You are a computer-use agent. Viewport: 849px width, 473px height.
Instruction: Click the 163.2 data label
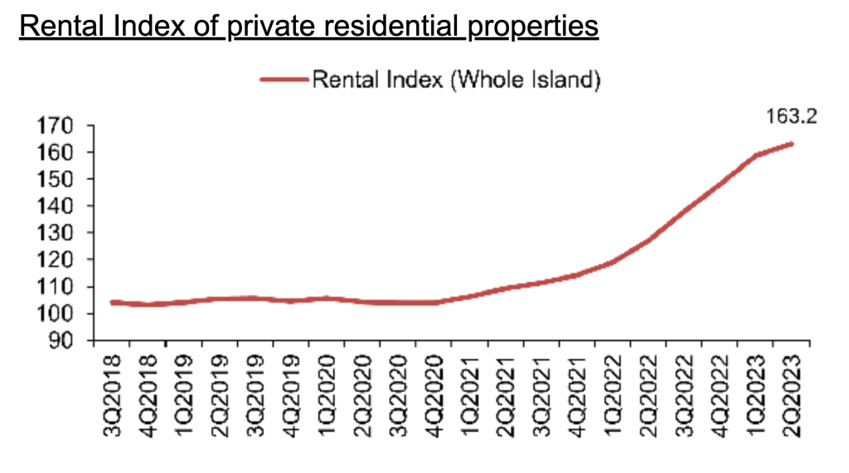tap(791, 115)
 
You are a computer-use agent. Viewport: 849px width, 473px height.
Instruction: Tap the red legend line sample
tap(284, 80)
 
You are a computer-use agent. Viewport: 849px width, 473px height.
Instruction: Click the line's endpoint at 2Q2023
tap(792, 144)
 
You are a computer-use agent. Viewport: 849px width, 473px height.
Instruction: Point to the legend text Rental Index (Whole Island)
tap(455, 80)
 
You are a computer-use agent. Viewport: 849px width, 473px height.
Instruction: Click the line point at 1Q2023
tap(756, 155)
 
